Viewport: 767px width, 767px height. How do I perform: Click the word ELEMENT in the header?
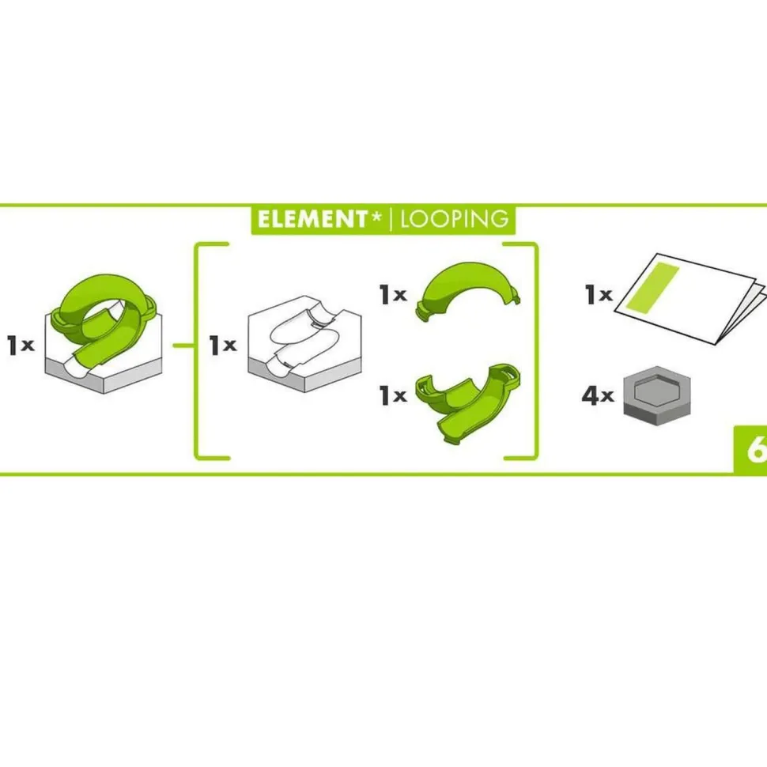tap(312, 220)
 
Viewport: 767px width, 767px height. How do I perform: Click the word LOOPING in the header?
tap(455, 220)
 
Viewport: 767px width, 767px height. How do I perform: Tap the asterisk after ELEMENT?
tap(376, 215)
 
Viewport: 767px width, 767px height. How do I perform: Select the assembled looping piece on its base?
tap(104, 333)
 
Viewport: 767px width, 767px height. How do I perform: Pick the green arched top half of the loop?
tap(468, 290)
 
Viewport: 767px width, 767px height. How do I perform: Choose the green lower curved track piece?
tap(467, 402)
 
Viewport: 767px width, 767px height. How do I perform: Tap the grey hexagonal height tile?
tap(656, 395)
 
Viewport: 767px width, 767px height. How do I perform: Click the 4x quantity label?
tap(597, 395)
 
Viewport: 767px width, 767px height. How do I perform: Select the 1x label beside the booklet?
tap(599, 294)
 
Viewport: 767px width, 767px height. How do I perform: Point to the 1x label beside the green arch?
tap(393, 294)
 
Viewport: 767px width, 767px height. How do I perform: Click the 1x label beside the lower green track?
tap(393, 395)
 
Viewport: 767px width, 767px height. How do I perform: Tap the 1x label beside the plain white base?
tap(222, 345)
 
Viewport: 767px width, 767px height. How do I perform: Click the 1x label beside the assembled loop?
tap(21, 345)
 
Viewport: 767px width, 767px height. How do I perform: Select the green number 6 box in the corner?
tap(750, 450)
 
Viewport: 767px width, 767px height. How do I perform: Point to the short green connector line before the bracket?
tap(184, 346)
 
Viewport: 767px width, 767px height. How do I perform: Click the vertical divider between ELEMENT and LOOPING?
tap(391, 219)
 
